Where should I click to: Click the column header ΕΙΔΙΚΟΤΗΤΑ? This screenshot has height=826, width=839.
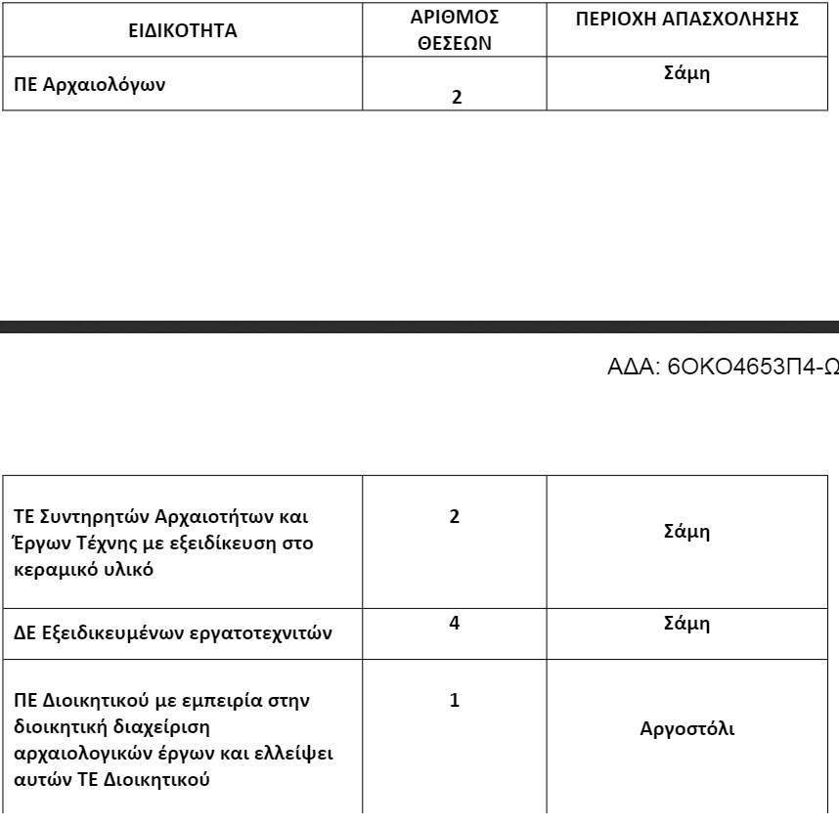183,30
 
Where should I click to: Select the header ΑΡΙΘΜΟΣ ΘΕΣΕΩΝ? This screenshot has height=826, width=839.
455,30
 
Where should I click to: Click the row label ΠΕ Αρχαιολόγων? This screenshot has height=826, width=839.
89,84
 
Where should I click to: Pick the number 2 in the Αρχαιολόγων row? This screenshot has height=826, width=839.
456,97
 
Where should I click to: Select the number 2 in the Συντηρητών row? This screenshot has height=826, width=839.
455,517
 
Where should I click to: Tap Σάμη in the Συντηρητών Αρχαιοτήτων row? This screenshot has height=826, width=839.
686,532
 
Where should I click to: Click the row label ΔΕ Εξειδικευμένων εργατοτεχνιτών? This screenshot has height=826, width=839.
172,633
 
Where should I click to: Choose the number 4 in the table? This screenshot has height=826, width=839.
455,623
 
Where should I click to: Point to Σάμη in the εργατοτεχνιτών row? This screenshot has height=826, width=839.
686,623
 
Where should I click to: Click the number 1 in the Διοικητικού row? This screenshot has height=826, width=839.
455,701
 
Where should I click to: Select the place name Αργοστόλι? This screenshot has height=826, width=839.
686,728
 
